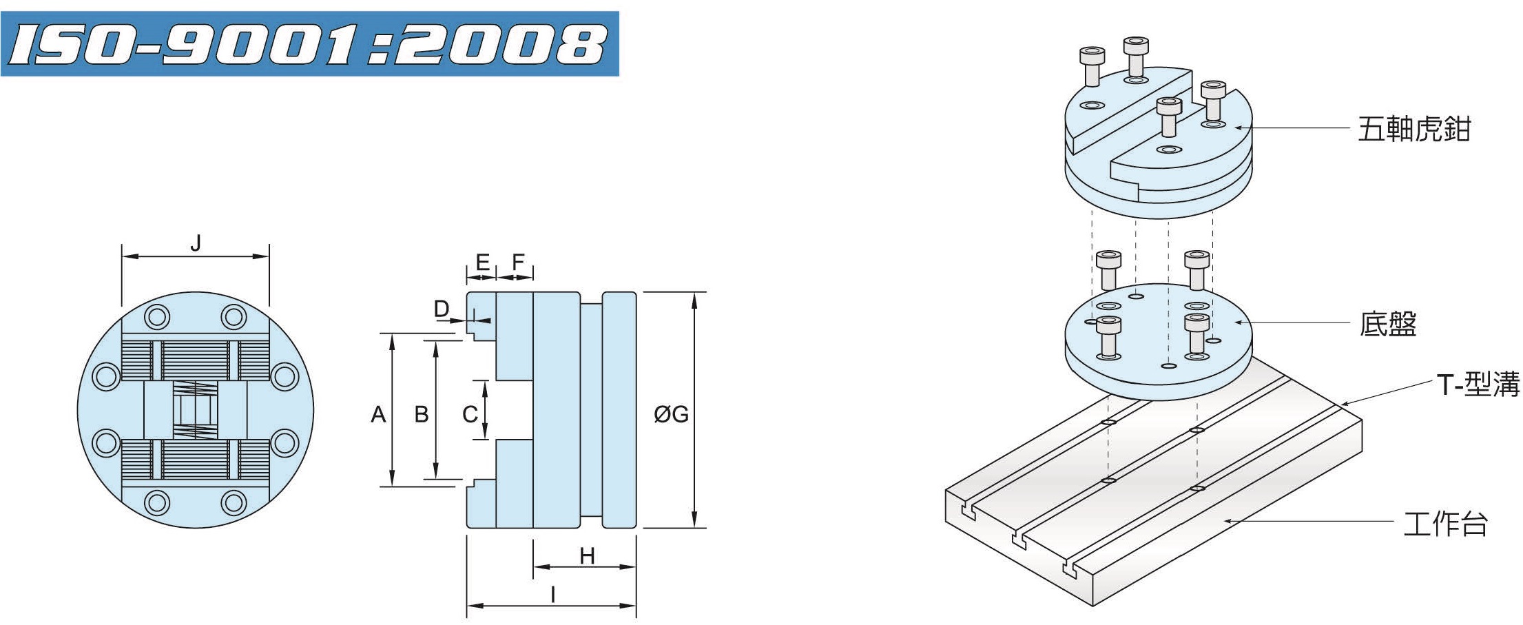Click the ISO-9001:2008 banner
pos(309,43)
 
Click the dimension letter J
pos(196,243)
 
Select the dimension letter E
pos(483,262)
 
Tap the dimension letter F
pos(518,262)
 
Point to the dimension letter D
pos(442,309)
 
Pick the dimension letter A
pos(378,414)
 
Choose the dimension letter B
pos(422,414)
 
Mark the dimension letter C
pos(470,414)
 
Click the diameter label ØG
pos(671,414)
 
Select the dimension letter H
pos(587,555)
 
